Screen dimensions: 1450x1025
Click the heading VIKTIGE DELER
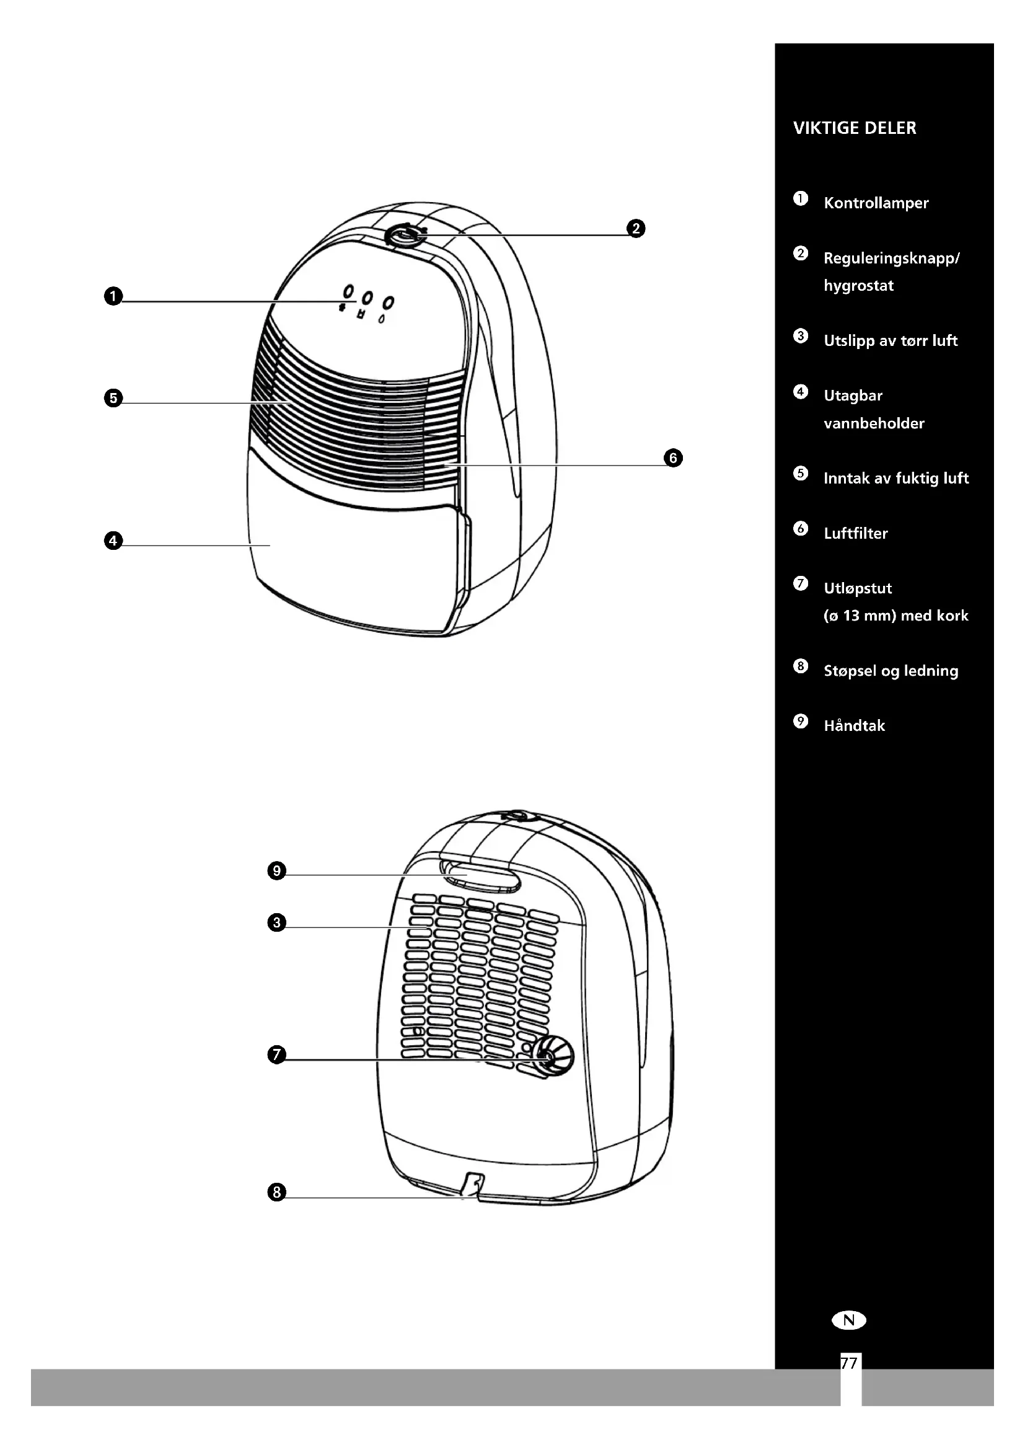854,128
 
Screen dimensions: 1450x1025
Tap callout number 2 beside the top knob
636,229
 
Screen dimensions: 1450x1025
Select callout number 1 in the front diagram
113,296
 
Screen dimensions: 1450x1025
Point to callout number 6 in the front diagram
673,458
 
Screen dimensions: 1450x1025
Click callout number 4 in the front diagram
113,541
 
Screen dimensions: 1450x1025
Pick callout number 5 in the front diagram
113,399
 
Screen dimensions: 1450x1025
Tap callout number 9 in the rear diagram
276,872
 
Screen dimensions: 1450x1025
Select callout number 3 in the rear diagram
276,922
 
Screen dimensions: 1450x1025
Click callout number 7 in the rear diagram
276,1054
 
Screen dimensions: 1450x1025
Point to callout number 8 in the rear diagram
276,1192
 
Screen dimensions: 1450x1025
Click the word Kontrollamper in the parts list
876,203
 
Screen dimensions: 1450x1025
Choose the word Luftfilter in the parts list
855,534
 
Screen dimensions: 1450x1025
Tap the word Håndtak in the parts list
854,726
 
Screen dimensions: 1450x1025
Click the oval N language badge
849,1320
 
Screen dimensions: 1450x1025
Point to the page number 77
850,1363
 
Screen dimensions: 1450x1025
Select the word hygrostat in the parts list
858,286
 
